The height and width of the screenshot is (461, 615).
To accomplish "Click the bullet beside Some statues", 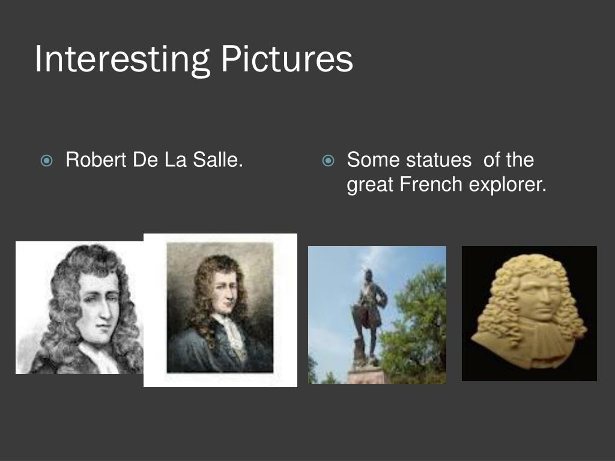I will click(328, 161).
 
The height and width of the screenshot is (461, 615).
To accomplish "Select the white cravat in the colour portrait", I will click(232, 333).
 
